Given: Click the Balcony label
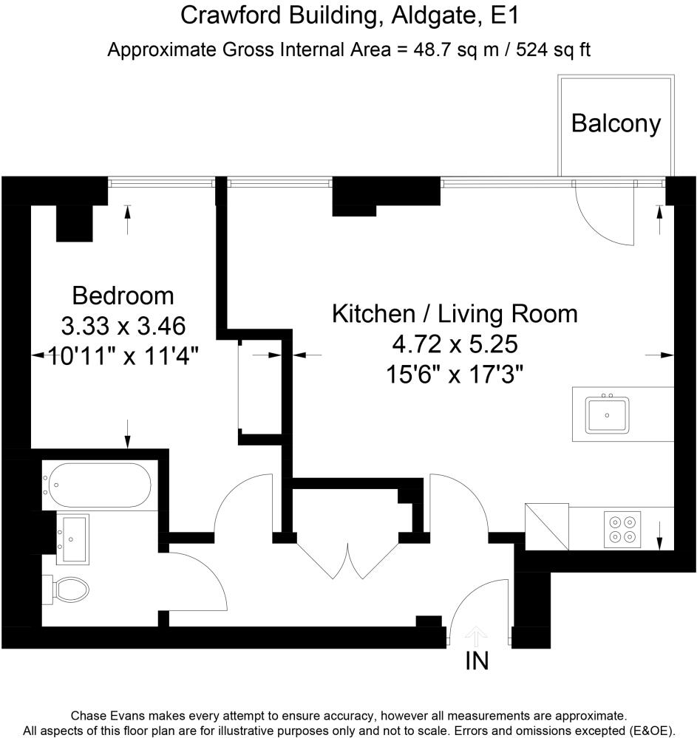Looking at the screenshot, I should (x=616, y=123).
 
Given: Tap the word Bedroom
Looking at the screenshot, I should (x=123, y=295).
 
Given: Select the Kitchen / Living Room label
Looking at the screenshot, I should (x=455, y=313).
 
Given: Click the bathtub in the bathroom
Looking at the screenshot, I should (x=97, y=485).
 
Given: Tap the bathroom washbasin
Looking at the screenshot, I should (x=72, y=539).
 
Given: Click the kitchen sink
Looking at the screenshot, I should (x=607, y=414).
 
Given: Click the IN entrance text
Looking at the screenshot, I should (x=477, y=660).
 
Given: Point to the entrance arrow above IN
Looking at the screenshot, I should (x=477, y=635).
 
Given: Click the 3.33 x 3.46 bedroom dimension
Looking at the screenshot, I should (x=122, y=325).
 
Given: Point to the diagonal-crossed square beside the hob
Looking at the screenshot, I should (x=547, y=527).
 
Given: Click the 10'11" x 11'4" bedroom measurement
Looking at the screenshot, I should (x=123, y=356).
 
